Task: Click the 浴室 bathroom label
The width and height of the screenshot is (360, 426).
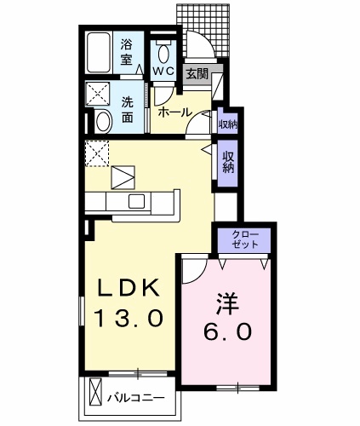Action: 127,52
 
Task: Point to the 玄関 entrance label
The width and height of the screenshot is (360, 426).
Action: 197,73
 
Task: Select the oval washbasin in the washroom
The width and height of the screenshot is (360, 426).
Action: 102,120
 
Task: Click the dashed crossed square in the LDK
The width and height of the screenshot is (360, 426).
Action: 96,154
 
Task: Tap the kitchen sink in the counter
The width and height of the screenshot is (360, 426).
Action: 136,201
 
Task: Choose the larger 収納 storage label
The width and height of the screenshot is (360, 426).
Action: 228,162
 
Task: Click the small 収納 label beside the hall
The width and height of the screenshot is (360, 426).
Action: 227,124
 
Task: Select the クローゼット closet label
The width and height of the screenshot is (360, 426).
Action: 246,239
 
